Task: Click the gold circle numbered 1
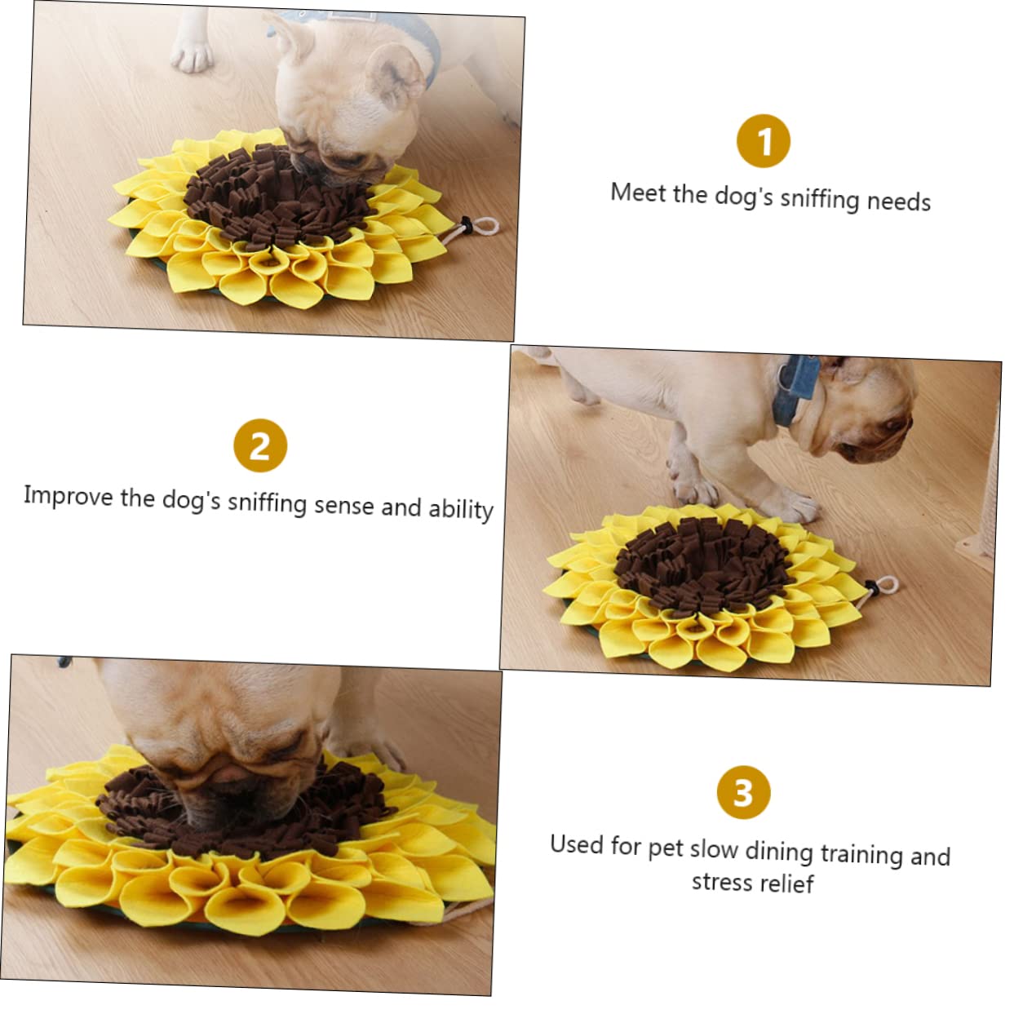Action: pyautogui.click(x=763, y=141)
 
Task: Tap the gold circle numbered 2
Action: pyautogui.click(x=260, y=445)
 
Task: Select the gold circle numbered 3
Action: pyautogui.click(x=743, y=792)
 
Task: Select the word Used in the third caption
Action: pyautogui.click(x=577, y=844)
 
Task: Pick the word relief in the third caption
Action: pyautogui.click(x=788, y=883)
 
